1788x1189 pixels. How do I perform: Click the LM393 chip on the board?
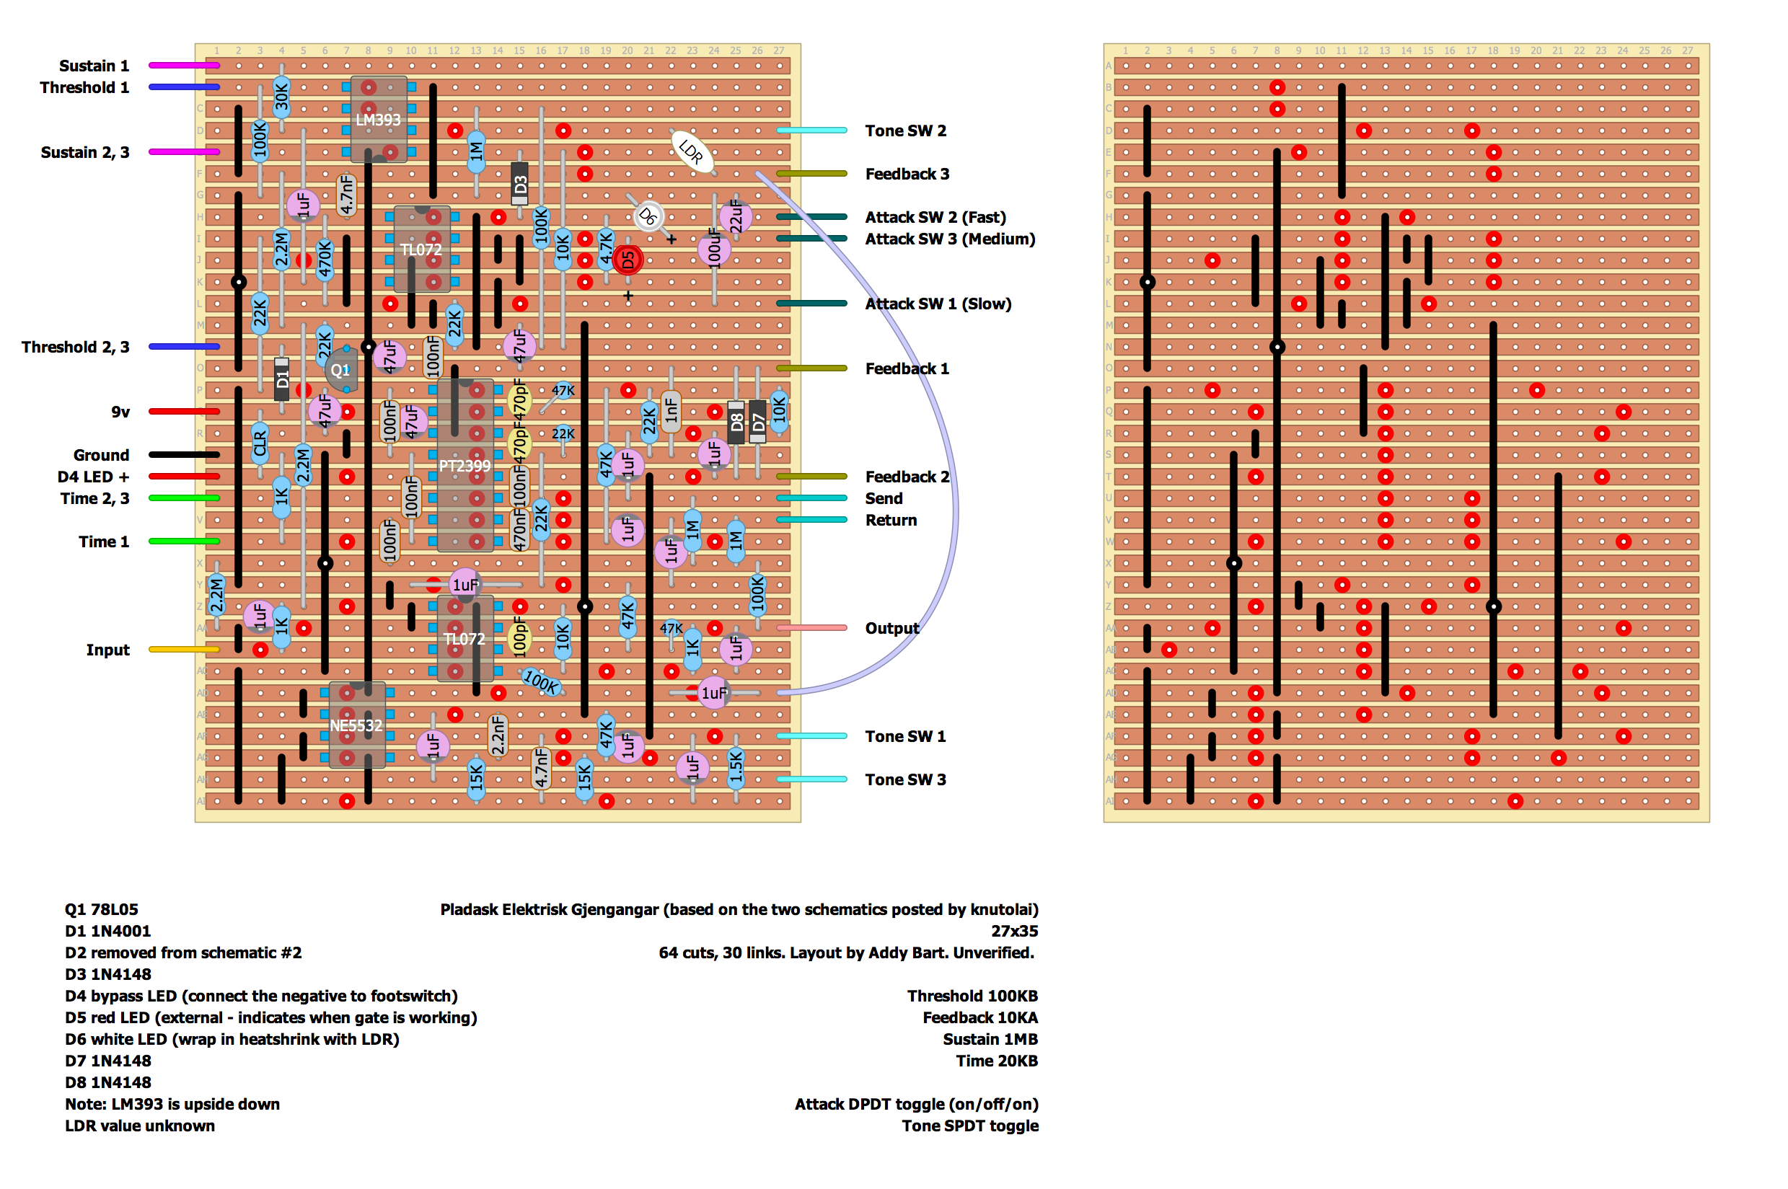click(378, 120)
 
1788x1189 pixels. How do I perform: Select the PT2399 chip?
click(464, 465)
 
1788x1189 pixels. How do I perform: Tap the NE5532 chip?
click(356, 725)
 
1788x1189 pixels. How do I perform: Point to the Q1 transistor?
click(340, 370)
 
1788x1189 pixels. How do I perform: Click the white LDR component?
click(691, 151)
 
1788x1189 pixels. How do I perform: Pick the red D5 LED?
click(627, 260)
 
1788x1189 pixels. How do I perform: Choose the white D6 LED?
click(648, 217)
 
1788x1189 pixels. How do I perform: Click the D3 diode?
click(519, 185)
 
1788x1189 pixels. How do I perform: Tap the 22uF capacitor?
click(736, 216)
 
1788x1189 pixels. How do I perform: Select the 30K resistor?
click(281, 97)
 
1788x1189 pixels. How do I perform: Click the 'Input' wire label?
click(107, 650)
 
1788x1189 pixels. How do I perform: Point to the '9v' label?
click(120, 412)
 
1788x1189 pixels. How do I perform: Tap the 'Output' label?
click(891, 628)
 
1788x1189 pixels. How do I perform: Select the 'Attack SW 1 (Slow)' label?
click(938, 304)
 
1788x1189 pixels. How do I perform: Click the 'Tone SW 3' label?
click(905, 779)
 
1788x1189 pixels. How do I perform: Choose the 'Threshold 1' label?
click(84, 87)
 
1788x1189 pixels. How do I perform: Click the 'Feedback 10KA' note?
click(979, 1017)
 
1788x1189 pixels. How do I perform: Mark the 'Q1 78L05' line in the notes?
click(102, 909)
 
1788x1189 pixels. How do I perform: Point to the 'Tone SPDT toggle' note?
click(969, 1126)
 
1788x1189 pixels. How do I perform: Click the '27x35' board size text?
click(1013, 930)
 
